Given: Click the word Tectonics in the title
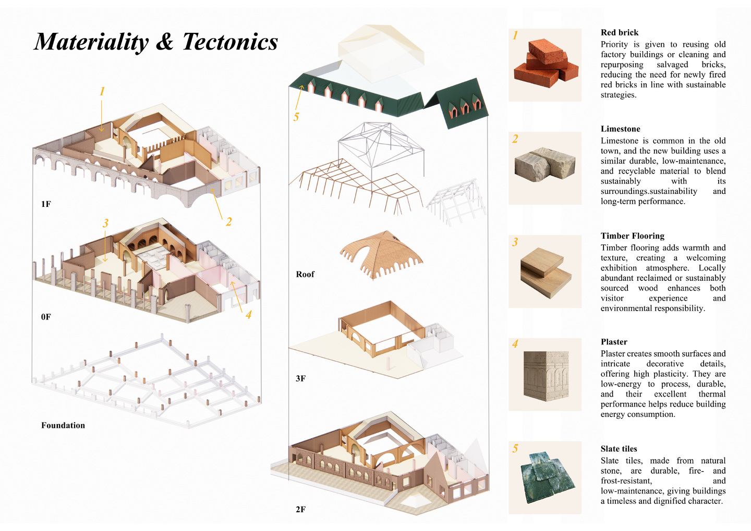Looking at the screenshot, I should coord(230,42).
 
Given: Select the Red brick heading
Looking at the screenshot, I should coord(619,32).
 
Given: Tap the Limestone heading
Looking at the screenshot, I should coord(620,129).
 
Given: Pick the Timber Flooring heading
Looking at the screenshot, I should coord(632,236).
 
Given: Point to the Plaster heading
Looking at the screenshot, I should coord(614,342).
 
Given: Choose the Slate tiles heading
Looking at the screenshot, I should coord(619,449).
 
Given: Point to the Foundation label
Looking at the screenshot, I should coord(63,425).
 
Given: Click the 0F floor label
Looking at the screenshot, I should coord(46,317).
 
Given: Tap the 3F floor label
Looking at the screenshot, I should coord(300,378).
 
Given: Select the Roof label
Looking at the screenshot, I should coord(305,274).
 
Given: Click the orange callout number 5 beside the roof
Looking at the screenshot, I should coord(296,117).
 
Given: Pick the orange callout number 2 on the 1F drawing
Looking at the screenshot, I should coord(228,221).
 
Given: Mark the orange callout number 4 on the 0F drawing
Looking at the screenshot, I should coord(248,314).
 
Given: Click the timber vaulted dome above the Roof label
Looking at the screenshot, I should coord(381,255).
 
